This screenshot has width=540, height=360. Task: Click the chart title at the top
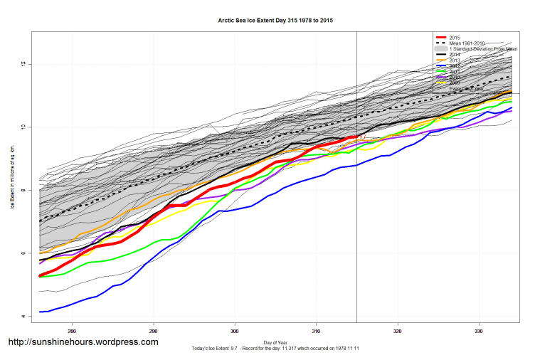point(275,21)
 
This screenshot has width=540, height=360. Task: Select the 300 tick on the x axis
point(235,331)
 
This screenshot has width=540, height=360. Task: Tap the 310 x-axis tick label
point(317,331)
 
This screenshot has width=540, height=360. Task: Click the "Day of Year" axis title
point(275,342)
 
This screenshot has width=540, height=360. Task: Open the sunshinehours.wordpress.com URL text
point(83,342)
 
